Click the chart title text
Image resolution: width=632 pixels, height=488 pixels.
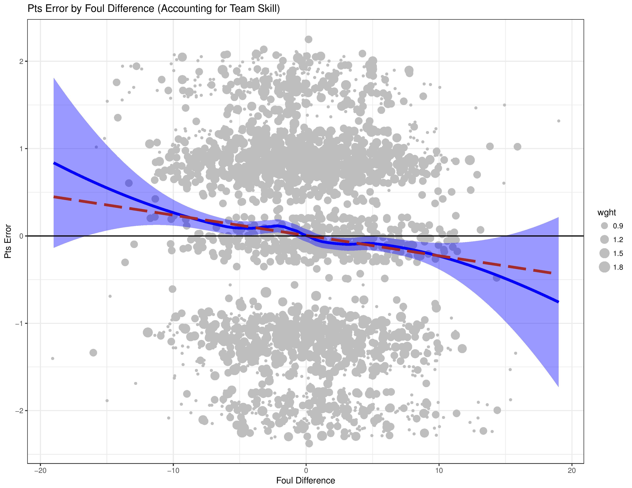(x=154, y=9)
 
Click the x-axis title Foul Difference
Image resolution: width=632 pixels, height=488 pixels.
(x=306, y=481)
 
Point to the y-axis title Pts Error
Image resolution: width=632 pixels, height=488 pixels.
(x=8, y=241)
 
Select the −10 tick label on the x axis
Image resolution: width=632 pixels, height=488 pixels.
(x=173, y=470)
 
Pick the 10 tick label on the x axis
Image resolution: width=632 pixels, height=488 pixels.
(x=439, y=470)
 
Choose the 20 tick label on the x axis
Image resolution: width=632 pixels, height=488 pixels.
(x=572, y=470)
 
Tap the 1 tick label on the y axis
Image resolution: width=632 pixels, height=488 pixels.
(x=21, y=149)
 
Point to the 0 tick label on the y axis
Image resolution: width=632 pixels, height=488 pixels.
(x=21, y=236)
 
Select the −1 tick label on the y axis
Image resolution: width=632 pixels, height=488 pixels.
(x=19, y=323)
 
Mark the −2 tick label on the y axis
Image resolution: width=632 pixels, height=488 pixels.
(x=19, y=411)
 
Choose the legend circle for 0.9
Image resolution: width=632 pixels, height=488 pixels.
(x=604, y=226)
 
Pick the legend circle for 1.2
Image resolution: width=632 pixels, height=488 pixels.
(x=604, y=239)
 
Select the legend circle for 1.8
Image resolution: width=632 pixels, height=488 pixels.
(x=604, y=267)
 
